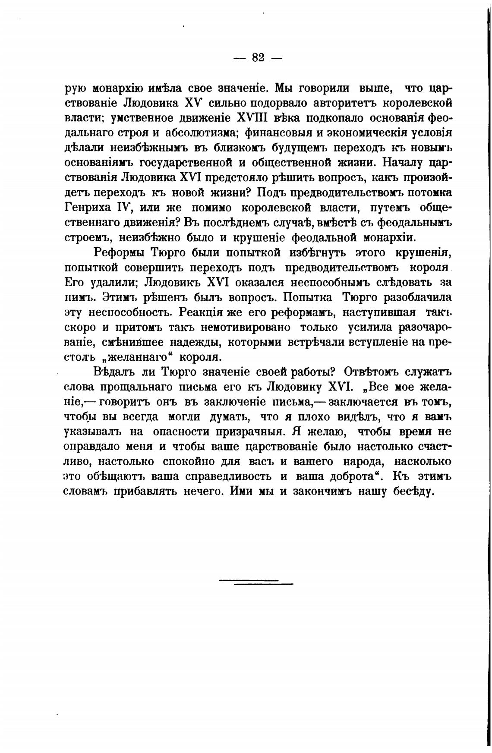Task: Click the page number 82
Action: (258, 57)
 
